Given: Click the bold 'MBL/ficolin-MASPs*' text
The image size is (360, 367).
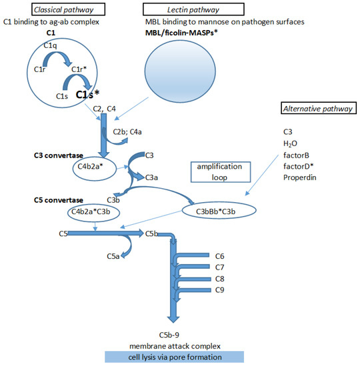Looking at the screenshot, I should pos(193,33).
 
